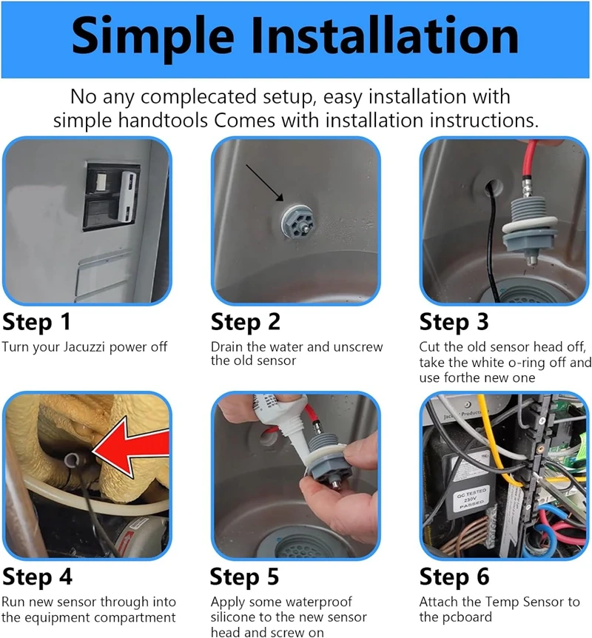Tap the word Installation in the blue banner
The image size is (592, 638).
pyautogui.click(x=385, y=35)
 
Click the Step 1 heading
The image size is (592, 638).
pyautogui.click(x=36, y=322)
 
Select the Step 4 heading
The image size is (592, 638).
pyautogui.click(x=37, y=577)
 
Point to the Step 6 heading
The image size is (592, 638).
pyautogui.click(x=454, y=577)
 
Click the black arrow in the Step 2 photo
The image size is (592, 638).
pyautogui.click(x=264, y=183)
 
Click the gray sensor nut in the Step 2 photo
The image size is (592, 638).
pyautogui.click(x=297, y=223)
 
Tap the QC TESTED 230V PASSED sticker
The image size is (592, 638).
pyautogui.click(x=471, y=500)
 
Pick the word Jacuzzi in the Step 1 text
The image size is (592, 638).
pyautogui.click(x=84, y=347)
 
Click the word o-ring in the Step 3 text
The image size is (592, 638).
pyautogui.click(x=525, y=362)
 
